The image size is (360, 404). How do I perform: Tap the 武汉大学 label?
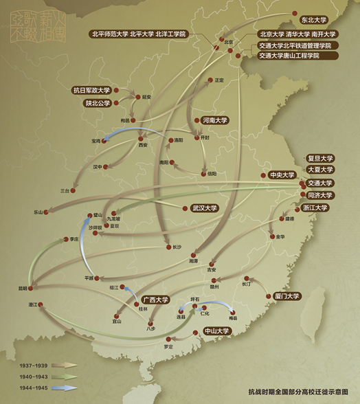tap(204, 208)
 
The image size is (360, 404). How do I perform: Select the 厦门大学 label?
tap(286, 296)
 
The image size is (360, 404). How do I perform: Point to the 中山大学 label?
tap(217, 331)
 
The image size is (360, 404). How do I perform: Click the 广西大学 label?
tap(156, 300)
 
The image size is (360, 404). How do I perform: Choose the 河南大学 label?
tap(214, 120)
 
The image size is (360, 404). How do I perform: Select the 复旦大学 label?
tap(319, 157)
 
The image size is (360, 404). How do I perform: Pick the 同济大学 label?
tap(319, 195)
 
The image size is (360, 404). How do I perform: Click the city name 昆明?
tap(25, 289)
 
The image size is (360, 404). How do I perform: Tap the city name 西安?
tap(143, 145)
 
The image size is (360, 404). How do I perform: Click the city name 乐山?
tap(38, 212)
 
